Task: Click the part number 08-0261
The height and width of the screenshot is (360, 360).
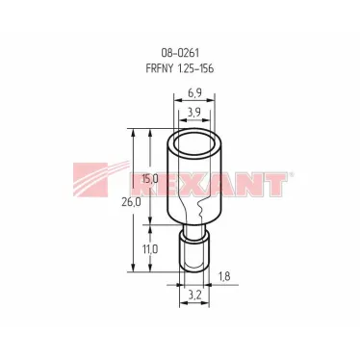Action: point(180,52)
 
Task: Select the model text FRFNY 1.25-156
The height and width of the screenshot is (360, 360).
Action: point(180,68)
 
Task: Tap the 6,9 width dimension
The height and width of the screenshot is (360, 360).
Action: point(194,93)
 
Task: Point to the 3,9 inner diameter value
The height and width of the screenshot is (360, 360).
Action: point(194,112)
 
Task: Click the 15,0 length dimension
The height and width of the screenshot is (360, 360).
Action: point(150,179)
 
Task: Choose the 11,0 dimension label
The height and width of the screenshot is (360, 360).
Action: point(150,249)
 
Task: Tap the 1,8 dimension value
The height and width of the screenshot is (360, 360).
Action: point(224,276)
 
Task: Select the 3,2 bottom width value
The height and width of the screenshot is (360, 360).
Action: point(194,295)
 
